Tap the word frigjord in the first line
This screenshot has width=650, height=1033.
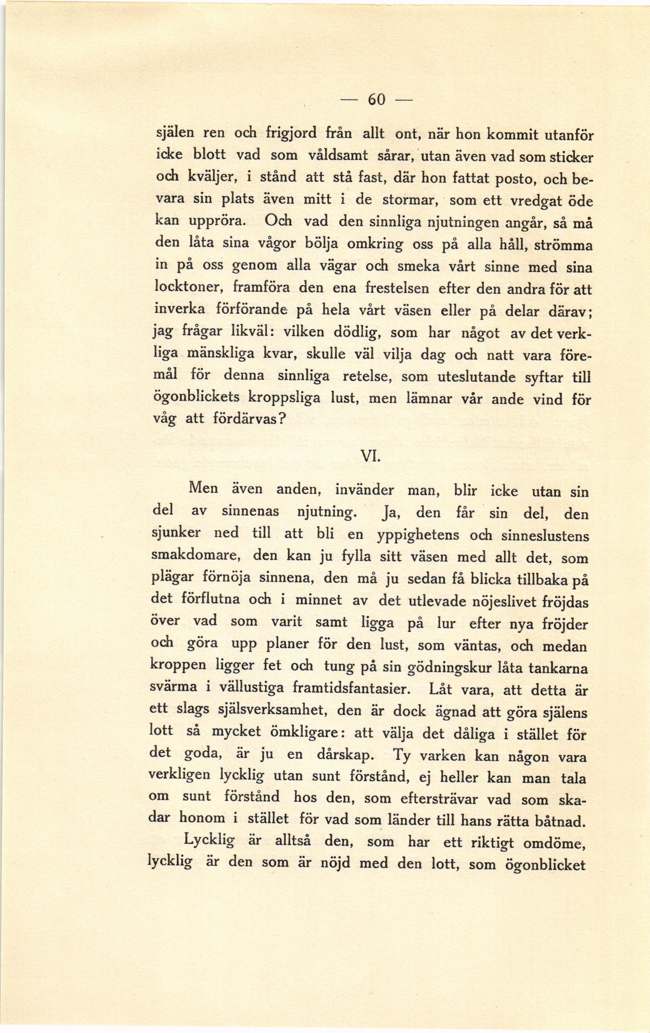pos(291,132)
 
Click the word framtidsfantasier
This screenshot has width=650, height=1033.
pos(351,689)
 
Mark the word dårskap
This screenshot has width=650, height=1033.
pos(346,755)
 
